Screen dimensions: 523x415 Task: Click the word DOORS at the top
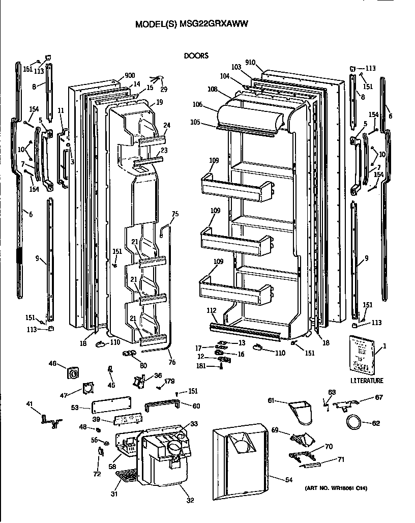tap(196, 56)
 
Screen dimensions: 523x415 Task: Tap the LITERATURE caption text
tap(367, 381)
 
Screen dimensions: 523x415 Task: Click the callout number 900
tap(116, 75)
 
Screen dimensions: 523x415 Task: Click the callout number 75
tap(175, 214)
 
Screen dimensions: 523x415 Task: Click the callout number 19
tap(159, 102)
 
